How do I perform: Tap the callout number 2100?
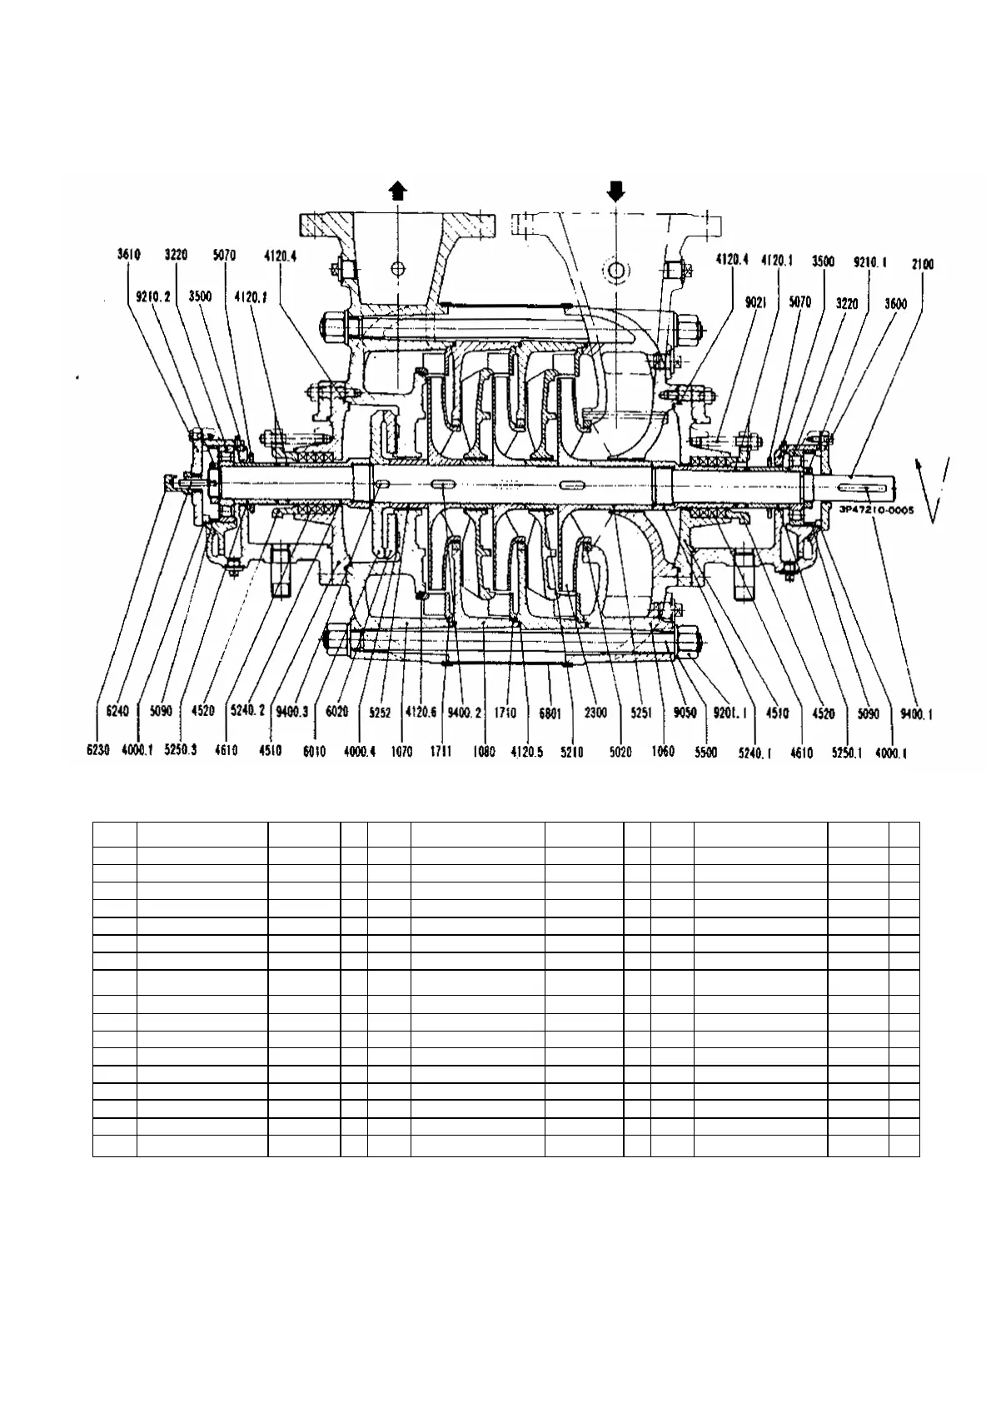point(922,264)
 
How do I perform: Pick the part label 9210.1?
point(870,261)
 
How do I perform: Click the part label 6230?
point(99,751)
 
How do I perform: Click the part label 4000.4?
point(361,751)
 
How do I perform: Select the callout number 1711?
point(441,751)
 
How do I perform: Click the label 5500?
point(707,751)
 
